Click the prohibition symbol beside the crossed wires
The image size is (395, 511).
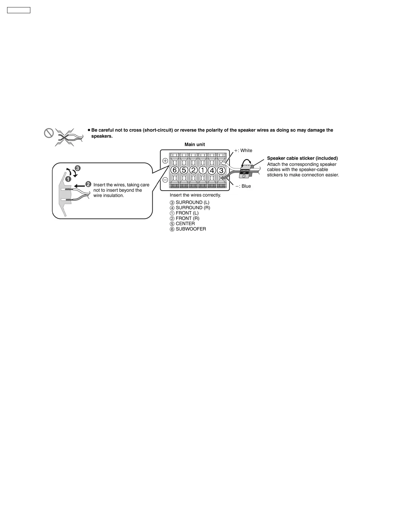click(49, 133)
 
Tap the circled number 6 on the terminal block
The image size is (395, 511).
click(175, 170)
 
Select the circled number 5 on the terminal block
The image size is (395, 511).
click(184, 170)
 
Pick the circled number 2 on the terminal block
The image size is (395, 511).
click(193, 170)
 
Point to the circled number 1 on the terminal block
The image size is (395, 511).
click(203, 170)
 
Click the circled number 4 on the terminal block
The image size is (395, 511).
click(212, 170)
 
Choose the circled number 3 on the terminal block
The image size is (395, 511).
click(221, 170)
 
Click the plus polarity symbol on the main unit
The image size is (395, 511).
click(165, 161)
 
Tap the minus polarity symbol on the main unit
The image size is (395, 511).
click(165, 180)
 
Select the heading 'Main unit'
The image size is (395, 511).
click(195, 145)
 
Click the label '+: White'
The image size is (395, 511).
click(243, 150)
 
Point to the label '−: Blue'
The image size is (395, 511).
click(243, 186)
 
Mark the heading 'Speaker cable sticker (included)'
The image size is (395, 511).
click(302, 158)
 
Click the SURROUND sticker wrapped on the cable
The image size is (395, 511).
click(245, 171)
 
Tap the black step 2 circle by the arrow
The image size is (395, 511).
click(88, 184)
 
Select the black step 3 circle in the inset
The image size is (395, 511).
click(77, 168)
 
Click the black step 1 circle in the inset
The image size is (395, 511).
click(68, 179)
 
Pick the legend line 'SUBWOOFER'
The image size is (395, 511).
click(188, 229)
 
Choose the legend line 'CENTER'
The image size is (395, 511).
click(182, 224)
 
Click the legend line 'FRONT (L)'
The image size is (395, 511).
click(184, 213)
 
